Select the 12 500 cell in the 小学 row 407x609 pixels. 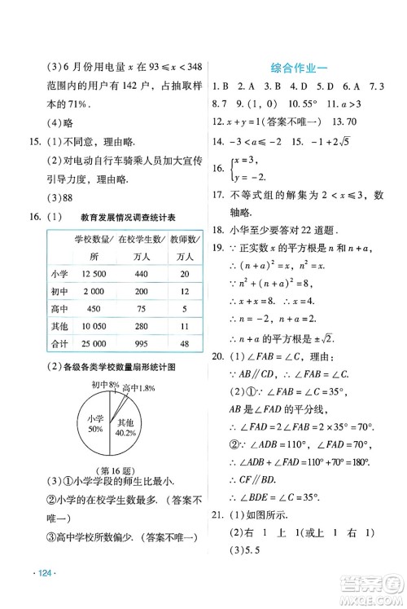(89, 274)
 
